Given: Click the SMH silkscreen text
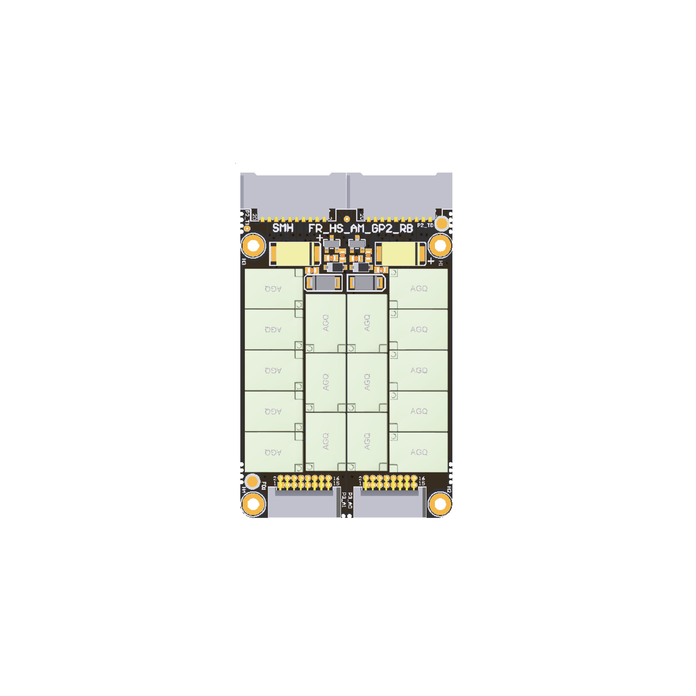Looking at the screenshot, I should (x=283, y=228).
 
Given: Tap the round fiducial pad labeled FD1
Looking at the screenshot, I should (x=253, y=481).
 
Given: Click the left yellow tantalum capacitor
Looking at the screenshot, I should (x=295, y=254).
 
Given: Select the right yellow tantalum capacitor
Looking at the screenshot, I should (x=400, y=254).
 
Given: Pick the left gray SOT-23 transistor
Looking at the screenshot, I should (x=331, y=244).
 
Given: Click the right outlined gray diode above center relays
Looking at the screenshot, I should (x=366, y=283).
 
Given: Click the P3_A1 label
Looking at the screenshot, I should (x=344, y=500).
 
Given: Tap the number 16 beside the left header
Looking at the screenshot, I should (x=336, y=478).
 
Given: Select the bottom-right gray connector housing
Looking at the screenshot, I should (x=390, y=504).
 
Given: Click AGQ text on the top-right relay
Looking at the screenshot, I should (x=419, y=289).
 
